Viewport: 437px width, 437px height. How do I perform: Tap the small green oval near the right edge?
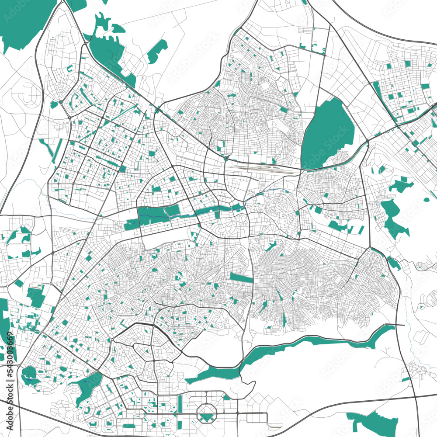point(426,200)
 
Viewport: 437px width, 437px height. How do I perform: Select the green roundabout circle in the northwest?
point(54,105)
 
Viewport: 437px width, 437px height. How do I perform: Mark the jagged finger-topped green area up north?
point(107,48)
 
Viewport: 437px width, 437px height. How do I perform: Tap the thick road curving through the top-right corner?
point(385,33)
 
